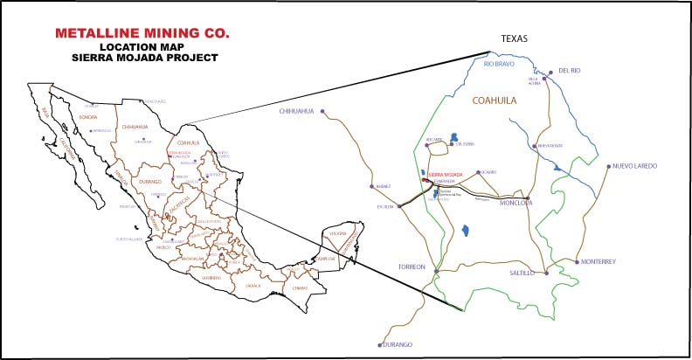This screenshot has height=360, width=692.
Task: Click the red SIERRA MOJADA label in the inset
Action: pyautogui.click(x=445, y=175)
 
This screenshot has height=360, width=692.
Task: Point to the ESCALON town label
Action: pyautogui.click(x=387, y=207)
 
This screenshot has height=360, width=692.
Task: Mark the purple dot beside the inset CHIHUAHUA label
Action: pyautogui.click(x=322, y=111)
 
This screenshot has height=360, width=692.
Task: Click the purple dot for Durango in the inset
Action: pyautogui.click(x=379, y=344)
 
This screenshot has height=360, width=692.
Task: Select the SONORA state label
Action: pyautogui.click(x=87, y=116)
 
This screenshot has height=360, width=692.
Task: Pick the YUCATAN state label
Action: pyautogui.click(x=339, y=234)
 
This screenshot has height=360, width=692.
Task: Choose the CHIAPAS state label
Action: pyautogui.click(x=301, y=287)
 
